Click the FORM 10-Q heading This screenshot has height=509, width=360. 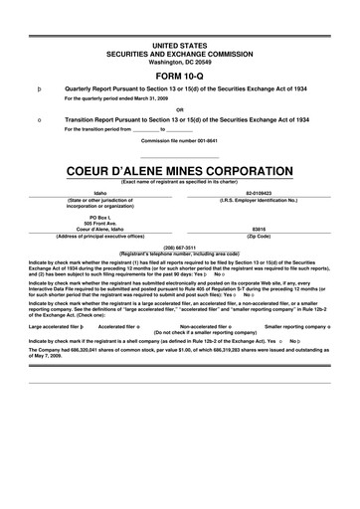click(179, 75)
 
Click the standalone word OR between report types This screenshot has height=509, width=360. click(179, 108)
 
